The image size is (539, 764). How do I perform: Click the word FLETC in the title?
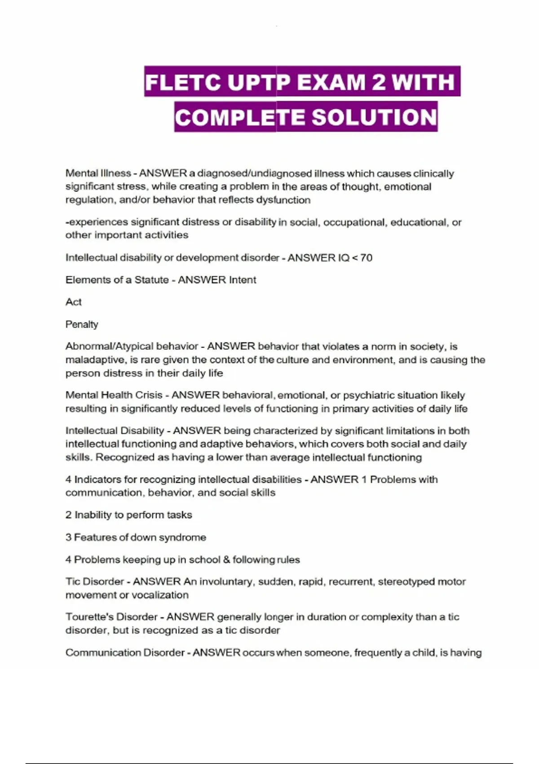pyautogui.click(x=183, y=82)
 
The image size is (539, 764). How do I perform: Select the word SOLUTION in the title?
pyautogui.click(x=374, y=117)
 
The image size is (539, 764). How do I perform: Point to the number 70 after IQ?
pyautogui.click(x=366, y=258)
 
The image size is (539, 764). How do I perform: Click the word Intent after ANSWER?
pyautogui.click(x=243, y=280)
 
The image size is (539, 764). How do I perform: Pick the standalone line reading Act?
pyautogui.click(x=74, y=302)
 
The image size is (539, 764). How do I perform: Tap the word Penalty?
pyautogui.click(x=82, y=324)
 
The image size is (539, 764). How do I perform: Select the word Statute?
pyautogui.click(x=151, y=280)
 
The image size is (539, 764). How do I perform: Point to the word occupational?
pyautogui.click(x=355, y=222)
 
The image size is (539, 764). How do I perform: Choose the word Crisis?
pyautogui.click(x=149, y=395)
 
